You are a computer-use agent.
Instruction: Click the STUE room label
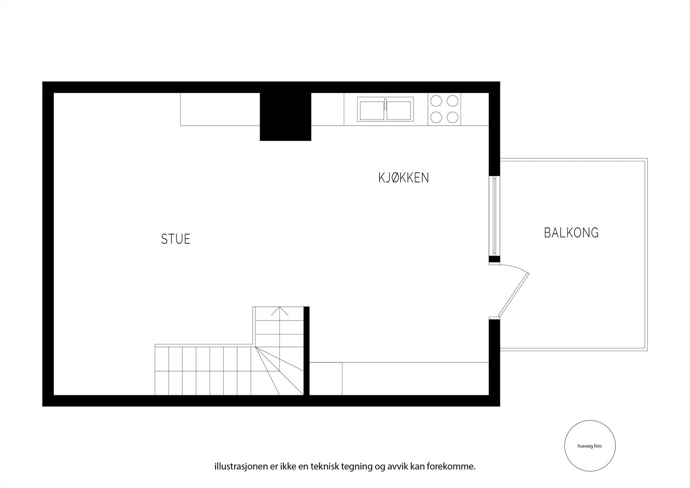coord(176,239)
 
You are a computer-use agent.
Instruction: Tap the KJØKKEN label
coord(404,178)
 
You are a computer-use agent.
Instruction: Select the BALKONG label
coord(571,233)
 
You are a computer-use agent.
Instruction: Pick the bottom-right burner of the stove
coord(452,117)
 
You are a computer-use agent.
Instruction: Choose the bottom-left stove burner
coord(436,117)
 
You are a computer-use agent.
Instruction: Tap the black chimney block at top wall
coord(285,116)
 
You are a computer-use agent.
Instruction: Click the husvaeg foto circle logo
coord(590,446)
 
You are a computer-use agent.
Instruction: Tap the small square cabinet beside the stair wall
coord(326,378)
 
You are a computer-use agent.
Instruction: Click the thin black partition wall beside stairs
coord(307,350)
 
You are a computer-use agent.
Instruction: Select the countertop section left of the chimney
coord(220,109)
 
